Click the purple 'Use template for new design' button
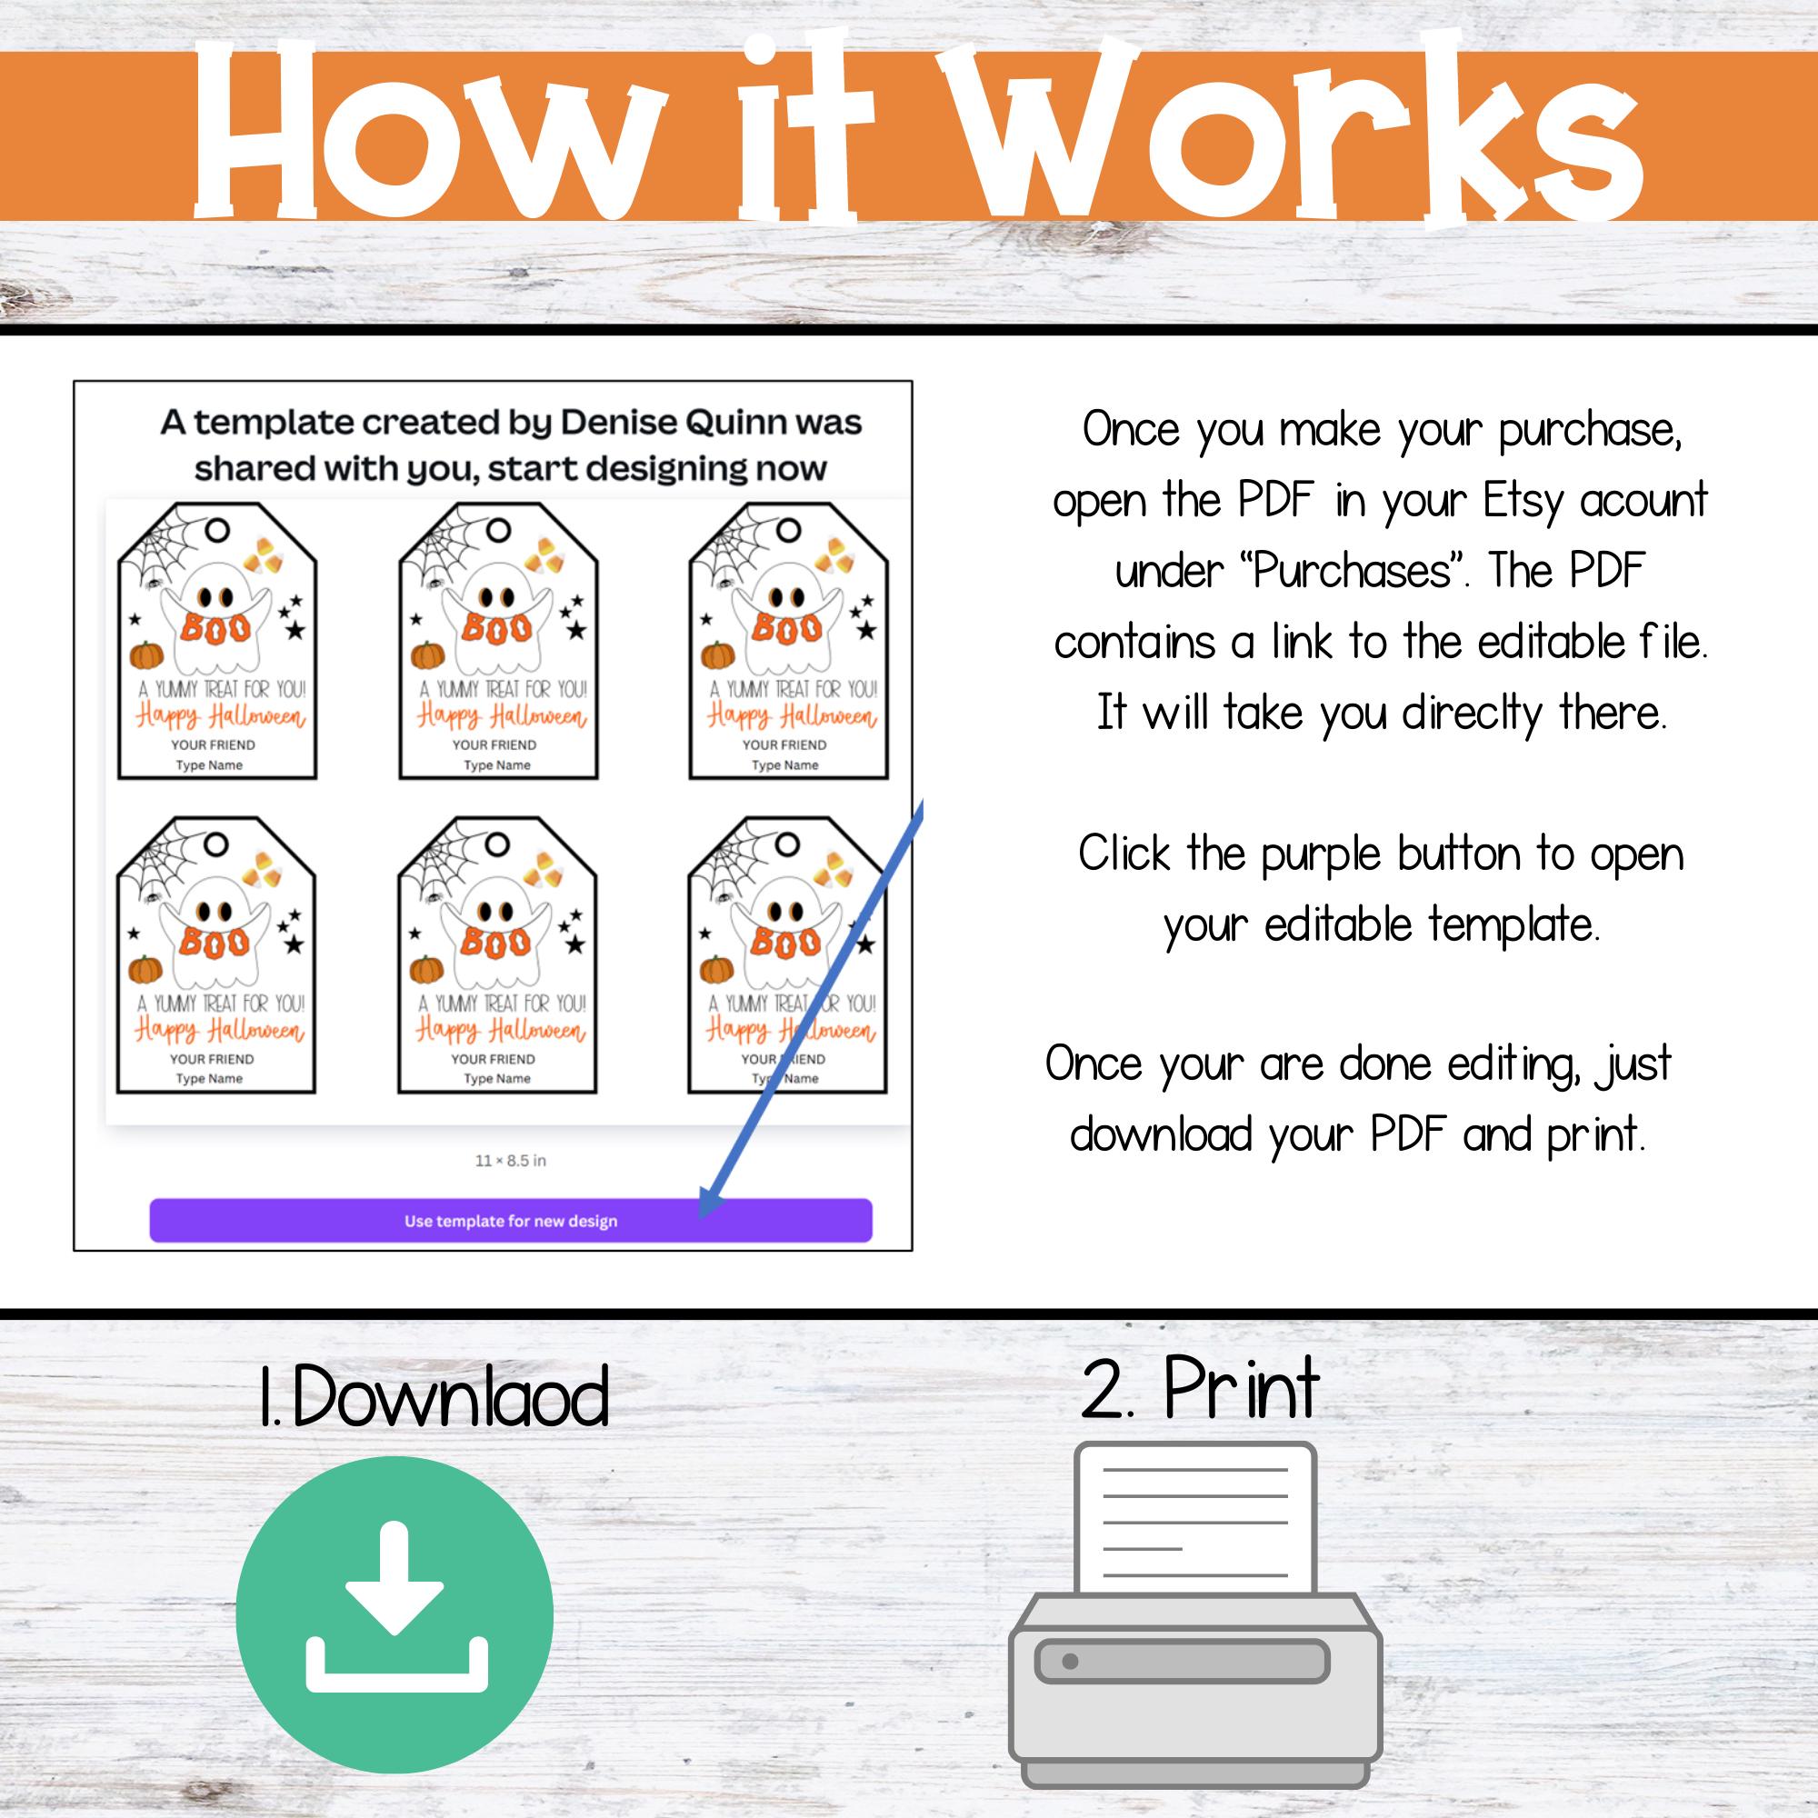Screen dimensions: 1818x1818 tap(510, 1221)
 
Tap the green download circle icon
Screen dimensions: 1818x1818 tap(395, 1614)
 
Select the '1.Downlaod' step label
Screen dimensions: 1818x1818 tap(434, 1396)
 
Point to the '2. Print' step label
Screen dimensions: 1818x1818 tap(1201, 1389)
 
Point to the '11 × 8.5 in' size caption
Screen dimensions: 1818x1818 tap(510, 1160)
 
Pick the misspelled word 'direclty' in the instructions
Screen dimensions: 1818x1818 tap(1473, 714)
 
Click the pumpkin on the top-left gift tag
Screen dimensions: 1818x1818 tap(145, 654)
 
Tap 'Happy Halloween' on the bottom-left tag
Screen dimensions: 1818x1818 tap(219, 1032)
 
